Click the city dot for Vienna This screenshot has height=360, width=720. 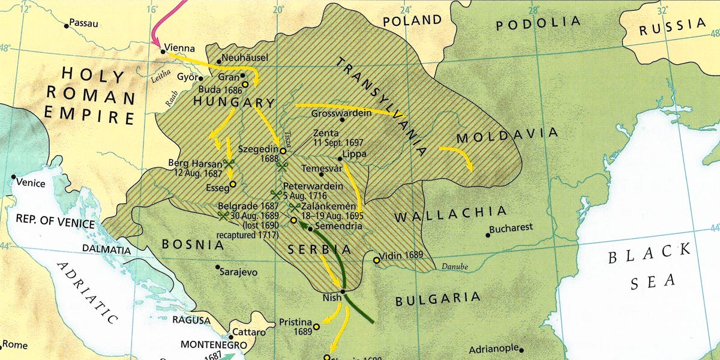pos(163,52)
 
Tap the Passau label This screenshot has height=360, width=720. pos(83,23)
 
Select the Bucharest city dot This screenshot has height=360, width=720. pos(488,235)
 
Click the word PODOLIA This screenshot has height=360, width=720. pos(538,24)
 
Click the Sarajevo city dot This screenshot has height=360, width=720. pos(217,268)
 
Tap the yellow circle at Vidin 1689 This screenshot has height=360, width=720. pos(376,260)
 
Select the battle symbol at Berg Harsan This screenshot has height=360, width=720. pos(229,163)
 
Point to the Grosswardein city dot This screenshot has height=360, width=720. pos(342,119)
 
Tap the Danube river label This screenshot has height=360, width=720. pos(454,266)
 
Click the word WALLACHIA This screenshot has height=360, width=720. pos(451,212)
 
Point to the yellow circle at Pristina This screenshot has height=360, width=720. pos(316,327)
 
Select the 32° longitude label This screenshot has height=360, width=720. pos(662,10)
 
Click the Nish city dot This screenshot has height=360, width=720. pos(342,292)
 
